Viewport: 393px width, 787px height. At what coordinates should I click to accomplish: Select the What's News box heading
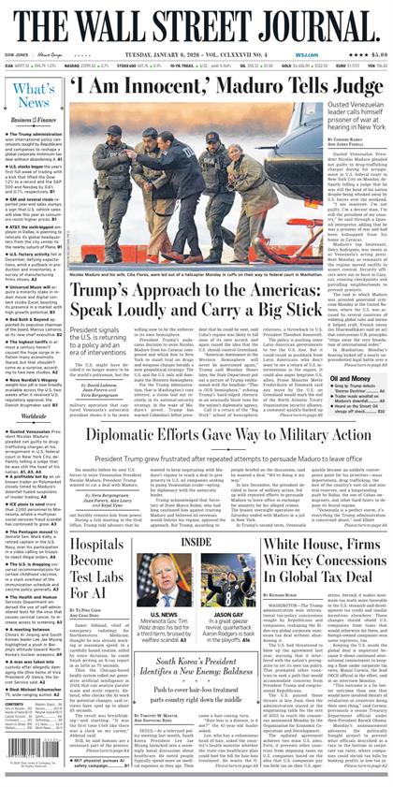click(35, 95)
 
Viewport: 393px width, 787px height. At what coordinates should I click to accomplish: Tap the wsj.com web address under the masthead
click(299, 54)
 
